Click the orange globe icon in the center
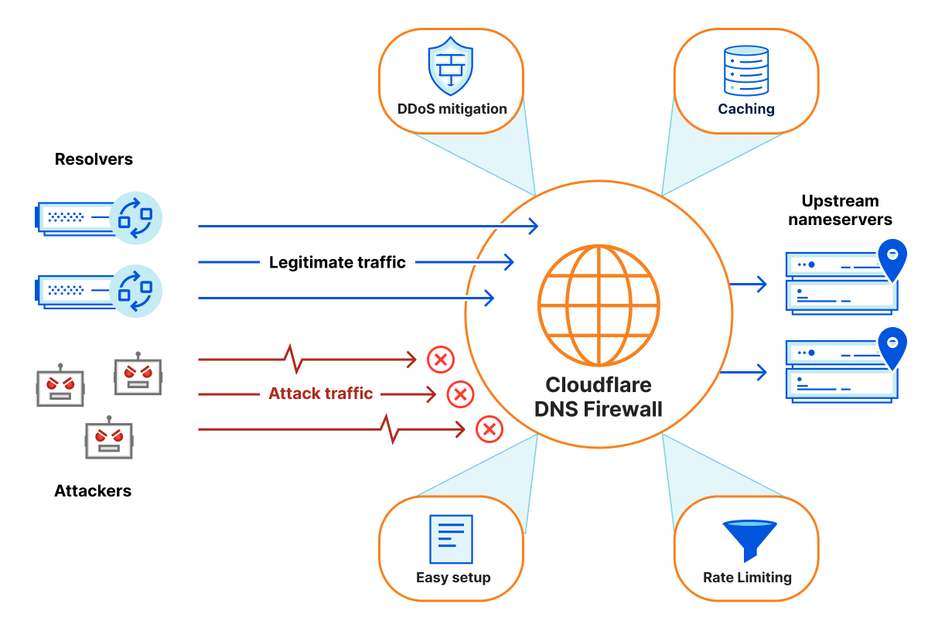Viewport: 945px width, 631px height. click(599, 305)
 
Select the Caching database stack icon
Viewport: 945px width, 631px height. click(745, 70)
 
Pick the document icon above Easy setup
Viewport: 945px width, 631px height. click(451, 539)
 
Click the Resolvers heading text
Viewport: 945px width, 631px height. click(94, 160)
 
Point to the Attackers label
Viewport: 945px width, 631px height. click(93, 491)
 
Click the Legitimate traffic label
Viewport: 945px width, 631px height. click(337, 263)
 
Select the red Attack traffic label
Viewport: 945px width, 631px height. click(321, 394)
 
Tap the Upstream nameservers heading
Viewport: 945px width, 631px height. click(840, 210)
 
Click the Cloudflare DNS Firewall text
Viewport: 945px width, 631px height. click(599, 397)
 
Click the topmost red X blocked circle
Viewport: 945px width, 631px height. click(441, 360)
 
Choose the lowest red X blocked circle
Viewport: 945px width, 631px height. click(489, 429)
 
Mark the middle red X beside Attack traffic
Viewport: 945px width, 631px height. click(460, 395)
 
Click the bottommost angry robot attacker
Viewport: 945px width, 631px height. click(109, 438)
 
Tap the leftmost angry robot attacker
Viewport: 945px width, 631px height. click(60, 385)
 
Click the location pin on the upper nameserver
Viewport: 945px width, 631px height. click(892, 259)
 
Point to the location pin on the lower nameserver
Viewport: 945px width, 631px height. click(892, 348)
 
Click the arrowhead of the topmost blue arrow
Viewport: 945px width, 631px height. click(534, 226)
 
